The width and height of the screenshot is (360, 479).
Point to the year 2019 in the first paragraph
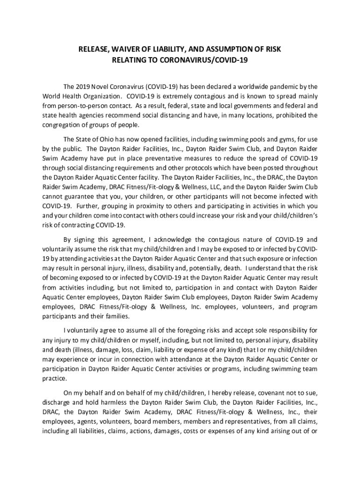(83, 87)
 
